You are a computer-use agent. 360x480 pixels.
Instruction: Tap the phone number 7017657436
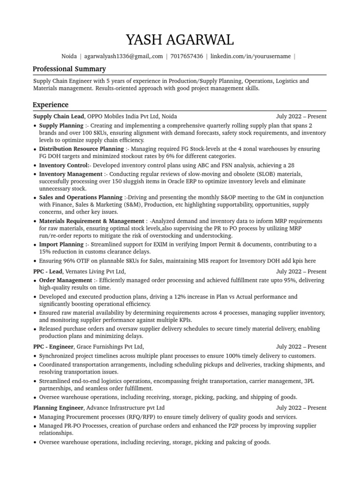pos(187,56)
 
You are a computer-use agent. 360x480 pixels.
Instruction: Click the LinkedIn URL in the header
pos(250,56)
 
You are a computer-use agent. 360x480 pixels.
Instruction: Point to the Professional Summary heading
pos(69,69)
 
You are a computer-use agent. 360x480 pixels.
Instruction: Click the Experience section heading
pos(50,105)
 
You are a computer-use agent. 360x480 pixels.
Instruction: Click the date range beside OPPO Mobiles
pos(301,116)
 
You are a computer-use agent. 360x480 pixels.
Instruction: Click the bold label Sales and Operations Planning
pos(81,197)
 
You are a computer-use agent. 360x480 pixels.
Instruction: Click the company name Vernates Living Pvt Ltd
pos(96,271)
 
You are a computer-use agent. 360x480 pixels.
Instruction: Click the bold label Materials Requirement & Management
pos(91,221)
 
